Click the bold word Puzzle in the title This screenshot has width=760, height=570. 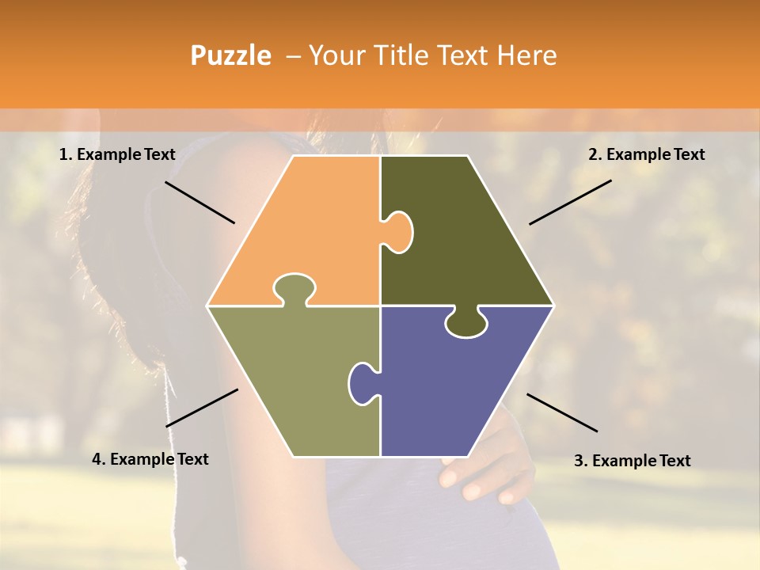pyautogui.click(x=230, y=55)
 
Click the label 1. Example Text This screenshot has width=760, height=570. pyautogui.click(x=117, y=154)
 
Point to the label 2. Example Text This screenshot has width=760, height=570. pyautogui.click(x=646, y=154)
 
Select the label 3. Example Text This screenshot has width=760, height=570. pyautogui.click(x=632, y=461)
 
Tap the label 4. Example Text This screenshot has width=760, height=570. pyautogui.click(x=150, y=459)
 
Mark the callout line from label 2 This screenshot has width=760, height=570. pyautogui.click(x=570, y=202)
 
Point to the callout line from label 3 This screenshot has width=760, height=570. pyautogui.click(x=562, y=412)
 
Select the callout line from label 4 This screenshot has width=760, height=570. pyautogui.click(x=202, y=408)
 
